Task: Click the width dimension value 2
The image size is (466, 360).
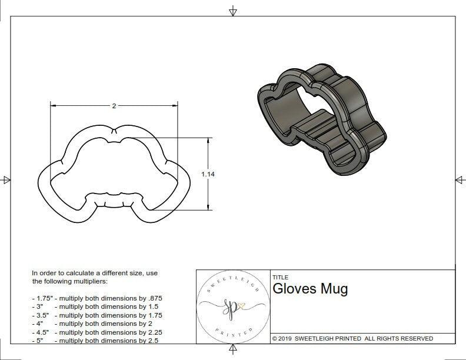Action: click(x=114, y=106)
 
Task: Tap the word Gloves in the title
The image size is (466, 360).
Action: click(x=295, y=289)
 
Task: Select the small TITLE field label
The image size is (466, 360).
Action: click(x=280, y=277)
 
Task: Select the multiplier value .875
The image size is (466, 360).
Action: click(x=154, y=298)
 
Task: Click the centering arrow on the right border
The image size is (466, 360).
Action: click(x=460, y=180)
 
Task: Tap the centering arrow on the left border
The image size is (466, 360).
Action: click(x=6, y=180)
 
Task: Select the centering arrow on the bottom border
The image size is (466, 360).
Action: click(x=233, y=351)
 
